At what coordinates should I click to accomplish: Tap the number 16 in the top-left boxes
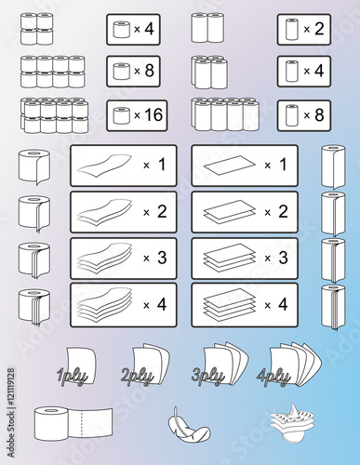(146, 114)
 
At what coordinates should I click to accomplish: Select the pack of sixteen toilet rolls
(54, 115)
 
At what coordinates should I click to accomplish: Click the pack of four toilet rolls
(39, 29)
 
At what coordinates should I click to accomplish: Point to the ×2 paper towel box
(303, 29)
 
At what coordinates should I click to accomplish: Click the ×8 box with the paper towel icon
(303, 115)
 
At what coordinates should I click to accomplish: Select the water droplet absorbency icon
(290, 423)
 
